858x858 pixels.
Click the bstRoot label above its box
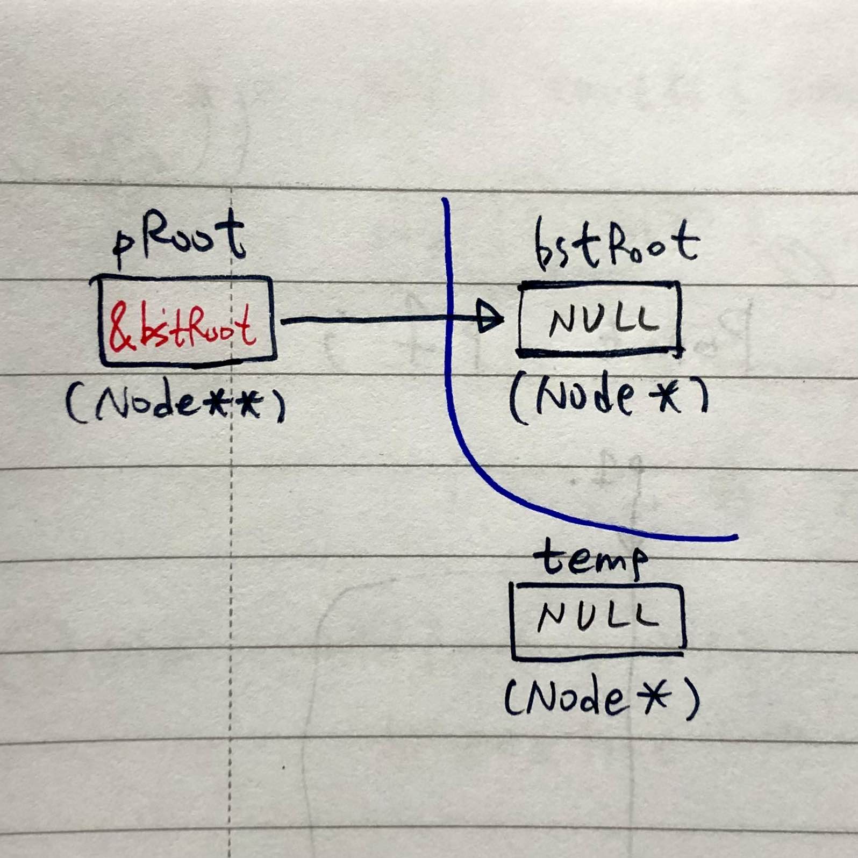(617, 245)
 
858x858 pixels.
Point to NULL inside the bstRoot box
(603, 318)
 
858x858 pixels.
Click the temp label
(591, 559)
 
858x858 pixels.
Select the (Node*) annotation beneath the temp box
(602, 698)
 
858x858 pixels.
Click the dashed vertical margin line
(231, 521)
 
